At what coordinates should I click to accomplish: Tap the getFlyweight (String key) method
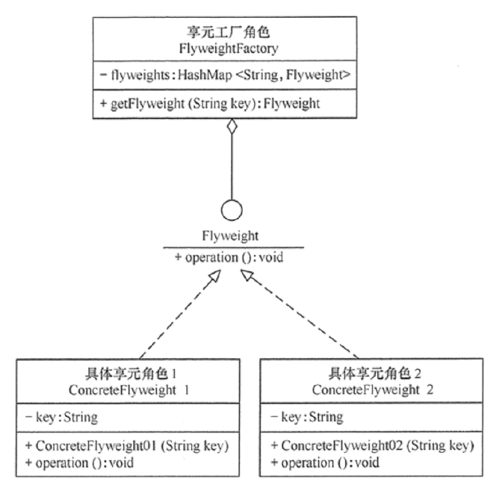pos(210,105)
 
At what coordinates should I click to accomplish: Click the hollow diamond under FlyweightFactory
pos(232,128)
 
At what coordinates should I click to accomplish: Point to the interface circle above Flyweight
pos(232,210)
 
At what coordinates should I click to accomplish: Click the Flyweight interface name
pos(232,236)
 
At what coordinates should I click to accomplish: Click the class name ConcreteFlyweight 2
pos(371,389)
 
